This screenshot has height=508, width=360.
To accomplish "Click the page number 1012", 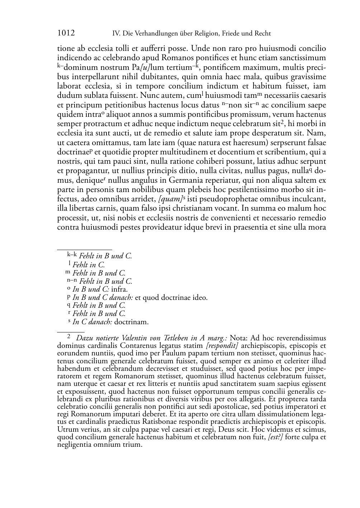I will (x=66, y=33).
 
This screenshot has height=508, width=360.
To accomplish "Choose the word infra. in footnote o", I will (x=119, y=289).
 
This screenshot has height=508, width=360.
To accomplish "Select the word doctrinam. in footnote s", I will (x=131, y=322).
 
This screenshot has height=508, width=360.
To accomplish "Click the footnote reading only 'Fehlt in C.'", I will (x=88, y=265).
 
